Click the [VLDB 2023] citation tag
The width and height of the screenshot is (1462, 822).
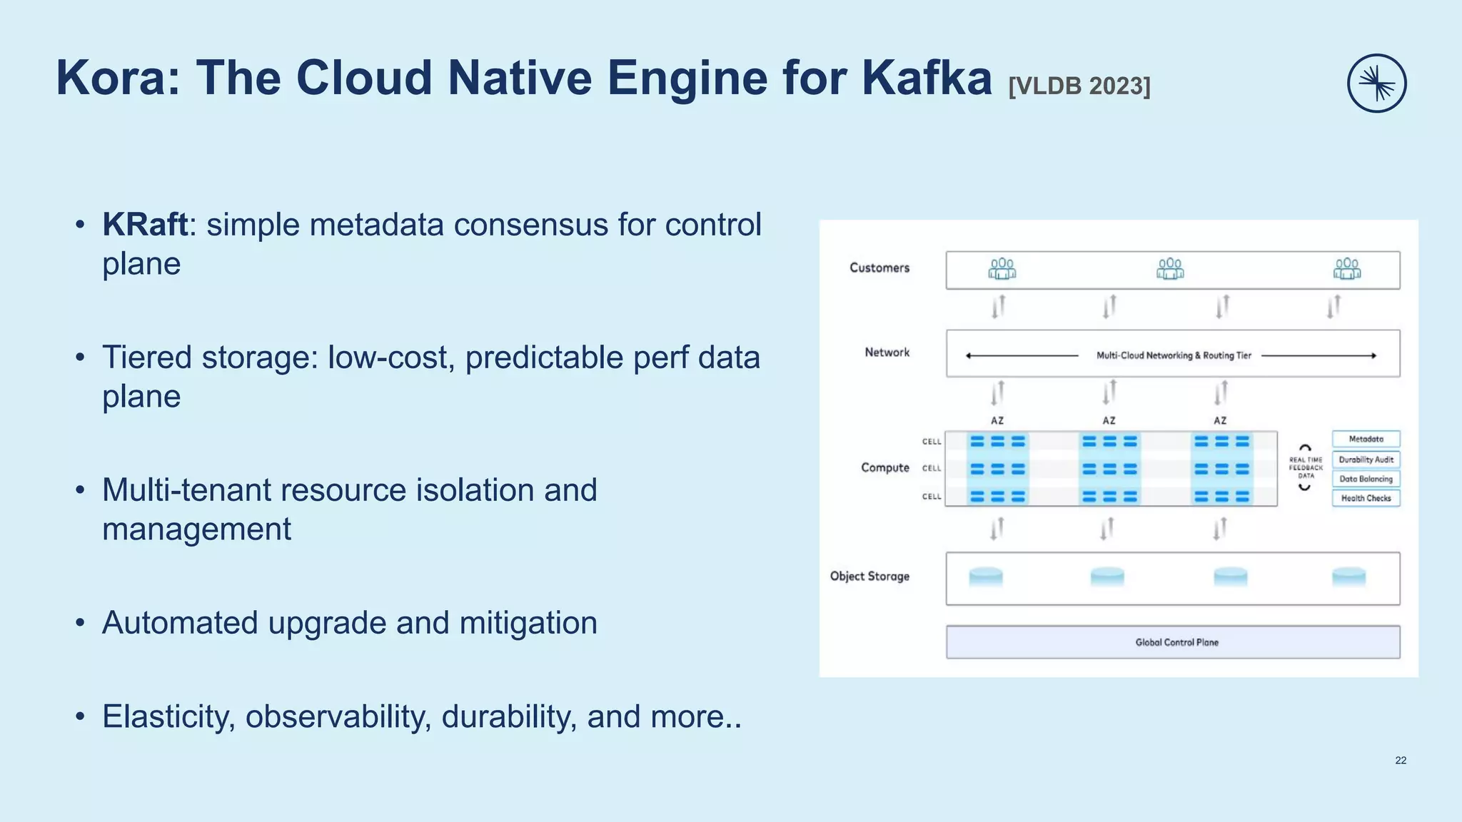coord(1079,86)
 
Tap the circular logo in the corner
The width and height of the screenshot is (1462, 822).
coord(1376,83)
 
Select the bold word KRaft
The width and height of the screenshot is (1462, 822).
coord(145,225)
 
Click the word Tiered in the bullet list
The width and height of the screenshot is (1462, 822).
coord(146,357)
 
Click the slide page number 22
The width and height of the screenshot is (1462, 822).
coord(1401,761)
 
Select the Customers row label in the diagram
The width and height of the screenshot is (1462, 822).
coord(879,268)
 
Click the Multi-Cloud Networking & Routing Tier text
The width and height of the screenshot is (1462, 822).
coord(1174,355)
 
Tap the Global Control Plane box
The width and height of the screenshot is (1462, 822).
coord(1173,642)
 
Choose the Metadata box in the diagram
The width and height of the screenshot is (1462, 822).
coord(1366,440)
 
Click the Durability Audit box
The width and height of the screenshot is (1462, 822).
coord(1366,460)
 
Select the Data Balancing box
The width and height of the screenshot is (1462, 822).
coord(1366,479)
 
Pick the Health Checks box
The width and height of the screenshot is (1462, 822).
coord(1366,498)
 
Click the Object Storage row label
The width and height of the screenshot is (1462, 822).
coord(869,576)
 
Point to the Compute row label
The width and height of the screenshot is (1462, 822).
coord(884,467)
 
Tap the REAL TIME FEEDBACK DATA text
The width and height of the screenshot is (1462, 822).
coord(1305,468)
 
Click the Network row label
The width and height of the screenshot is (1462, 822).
coord(887,352)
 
